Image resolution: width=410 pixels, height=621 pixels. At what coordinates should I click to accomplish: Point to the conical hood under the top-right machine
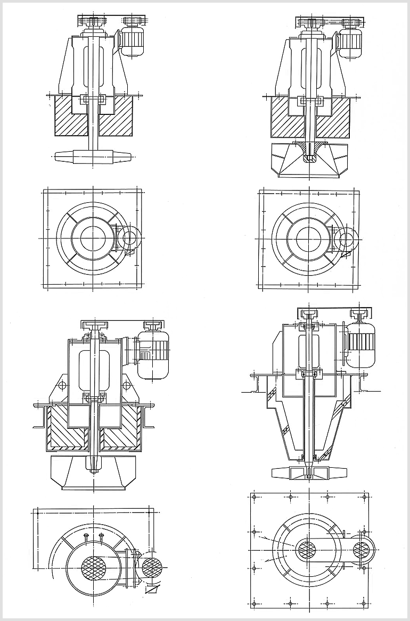coord(308,160)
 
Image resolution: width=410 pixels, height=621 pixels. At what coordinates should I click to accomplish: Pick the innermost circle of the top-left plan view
coord(94,237)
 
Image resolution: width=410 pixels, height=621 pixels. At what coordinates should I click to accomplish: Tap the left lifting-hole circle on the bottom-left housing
coord(63,385)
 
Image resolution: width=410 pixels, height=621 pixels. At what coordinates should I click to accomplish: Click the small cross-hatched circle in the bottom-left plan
coord(152,567)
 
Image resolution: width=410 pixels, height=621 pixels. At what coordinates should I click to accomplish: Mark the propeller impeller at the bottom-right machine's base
coord(309,471)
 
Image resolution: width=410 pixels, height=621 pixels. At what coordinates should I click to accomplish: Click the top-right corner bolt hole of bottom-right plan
coord(365,497)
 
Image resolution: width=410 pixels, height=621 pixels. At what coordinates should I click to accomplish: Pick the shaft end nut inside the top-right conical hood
coord(308,159)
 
